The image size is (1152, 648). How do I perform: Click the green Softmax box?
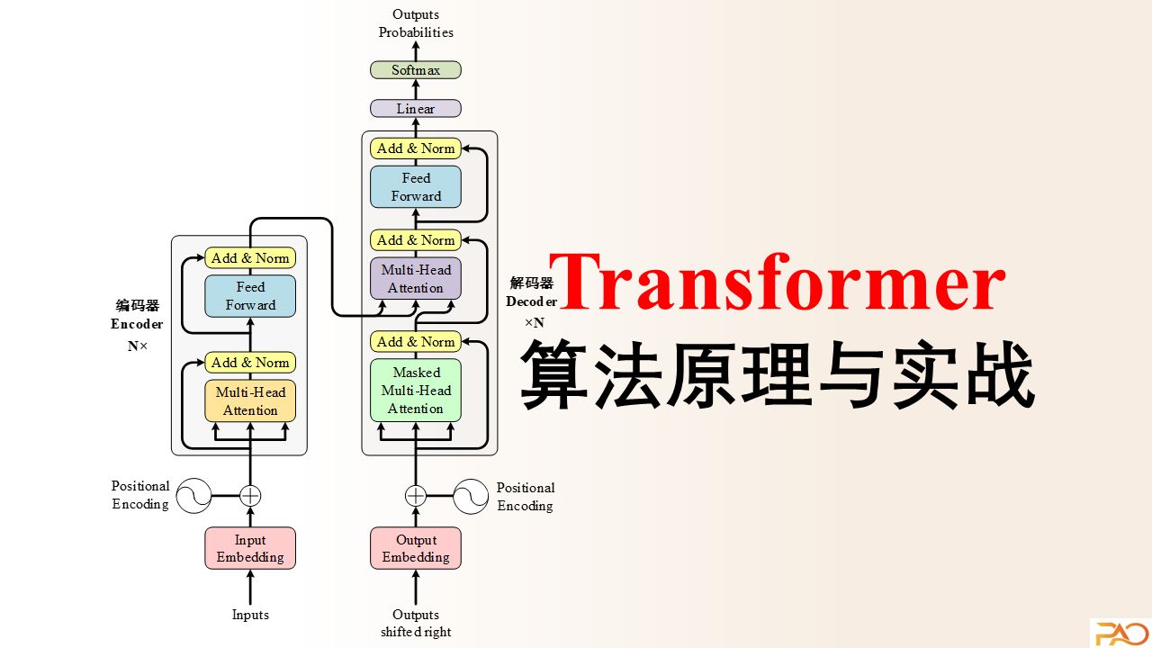(x=416, y=70)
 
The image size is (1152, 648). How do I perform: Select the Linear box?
(x=416, y=109)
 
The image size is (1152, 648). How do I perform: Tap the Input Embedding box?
(x=250, y=548)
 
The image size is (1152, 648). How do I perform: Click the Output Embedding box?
(x=416, y=548)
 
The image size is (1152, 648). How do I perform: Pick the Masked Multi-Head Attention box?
(x=416, y=391)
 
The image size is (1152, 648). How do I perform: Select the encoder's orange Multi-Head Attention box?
(x=250, y=401)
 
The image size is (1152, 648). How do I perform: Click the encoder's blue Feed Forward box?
(x=250, y=296)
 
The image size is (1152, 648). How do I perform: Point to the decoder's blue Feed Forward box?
(x=416, y=186)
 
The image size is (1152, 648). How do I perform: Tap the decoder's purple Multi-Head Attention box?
(x=416, y=278)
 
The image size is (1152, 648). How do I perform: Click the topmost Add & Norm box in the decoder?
(x=416, y=148)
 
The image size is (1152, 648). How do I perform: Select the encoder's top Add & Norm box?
(x=250, y=258)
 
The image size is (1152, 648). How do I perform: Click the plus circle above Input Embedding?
(x=250, y=496)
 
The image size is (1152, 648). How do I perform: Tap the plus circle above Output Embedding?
(x=416, y=496)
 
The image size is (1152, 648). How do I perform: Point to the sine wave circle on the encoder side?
(x=193, y=496)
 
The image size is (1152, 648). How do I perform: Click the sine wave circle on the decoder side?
(x=471, y=496)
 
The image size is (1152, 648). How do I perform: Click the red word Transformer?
(x=778, y=282)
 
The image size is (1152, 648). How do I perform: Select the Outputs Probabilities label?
(x=416, y=23)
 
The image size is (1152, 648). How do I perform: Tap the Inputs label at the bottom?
(x=250, y=615)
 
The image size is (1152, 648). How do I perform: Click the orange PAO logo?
(x=1121, y=633)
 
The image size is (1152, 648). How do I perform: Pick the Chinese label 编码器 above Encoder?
(x=138, y=305)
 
